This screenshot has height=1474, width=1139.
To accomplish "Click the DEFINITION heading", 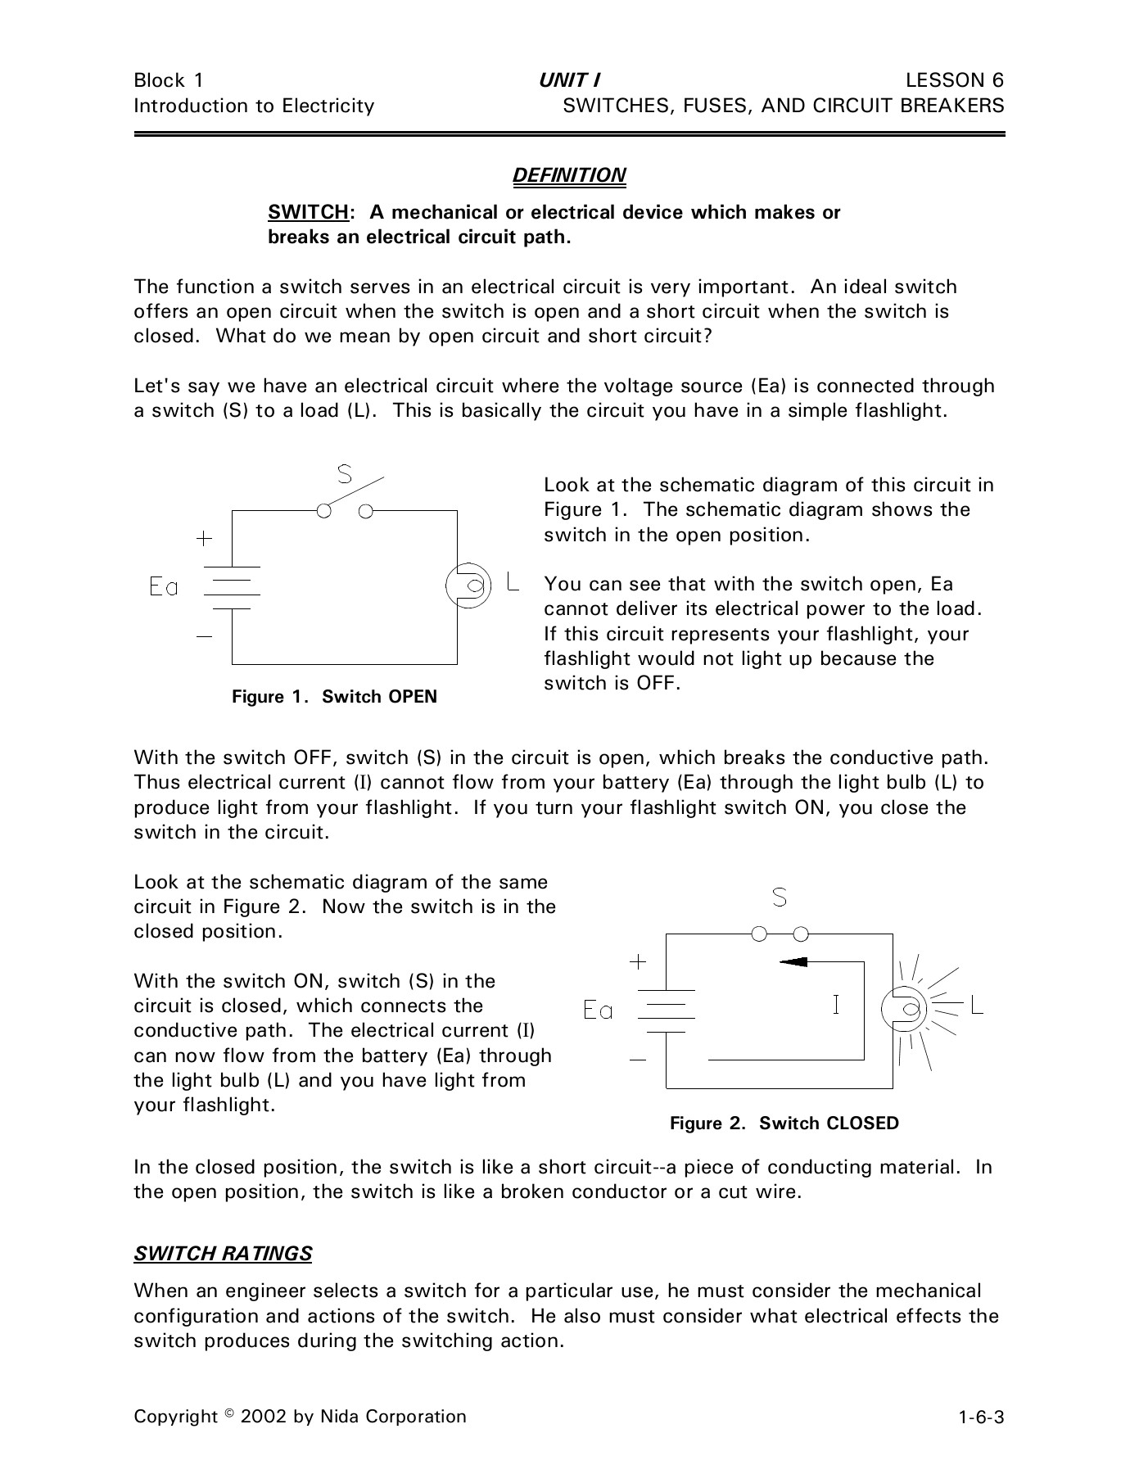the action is tap(569, 176).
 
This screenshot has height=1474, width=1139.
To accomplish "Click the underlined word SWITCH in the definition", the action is tap(308, 213).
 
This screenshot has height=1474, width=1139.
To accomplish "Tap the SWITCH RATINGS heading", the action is tap(223, 1254).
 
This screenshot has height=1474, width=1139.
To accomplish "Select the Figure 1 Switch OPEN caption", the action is tap(334, 697).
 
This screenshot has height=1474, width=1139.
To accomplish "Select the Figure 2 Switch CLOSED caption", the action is tap(784, 1124).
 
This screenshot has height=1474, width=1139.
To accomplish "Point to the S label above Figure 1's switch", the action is tap(346, 474).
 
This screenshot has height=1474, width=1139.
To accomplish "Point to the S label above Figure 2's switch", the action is tap(780, 898).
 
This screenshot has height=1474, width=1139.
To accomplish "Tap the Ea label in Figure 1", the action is tap(164, 586).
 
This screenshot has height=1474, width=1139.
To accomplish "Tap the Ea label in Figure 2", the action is tap(598, 1011).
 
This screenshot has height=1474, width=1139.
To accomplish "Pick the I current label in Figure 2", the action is tap(835, 1004).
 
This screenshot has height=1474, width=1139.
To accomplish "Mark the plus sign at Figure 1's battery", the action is tap(204, 538).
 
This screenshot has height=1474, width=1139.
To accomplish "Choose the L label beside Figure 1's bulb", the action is tap(513, 581).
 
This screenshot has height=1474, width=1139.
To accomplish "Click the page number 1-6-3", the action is tap(982, 1417).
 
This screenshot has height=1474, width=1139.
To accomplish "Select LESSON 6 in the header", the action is tap(955, 80).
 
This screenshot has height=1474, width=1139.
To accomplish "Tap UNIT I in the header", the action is tap(569, 80).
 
